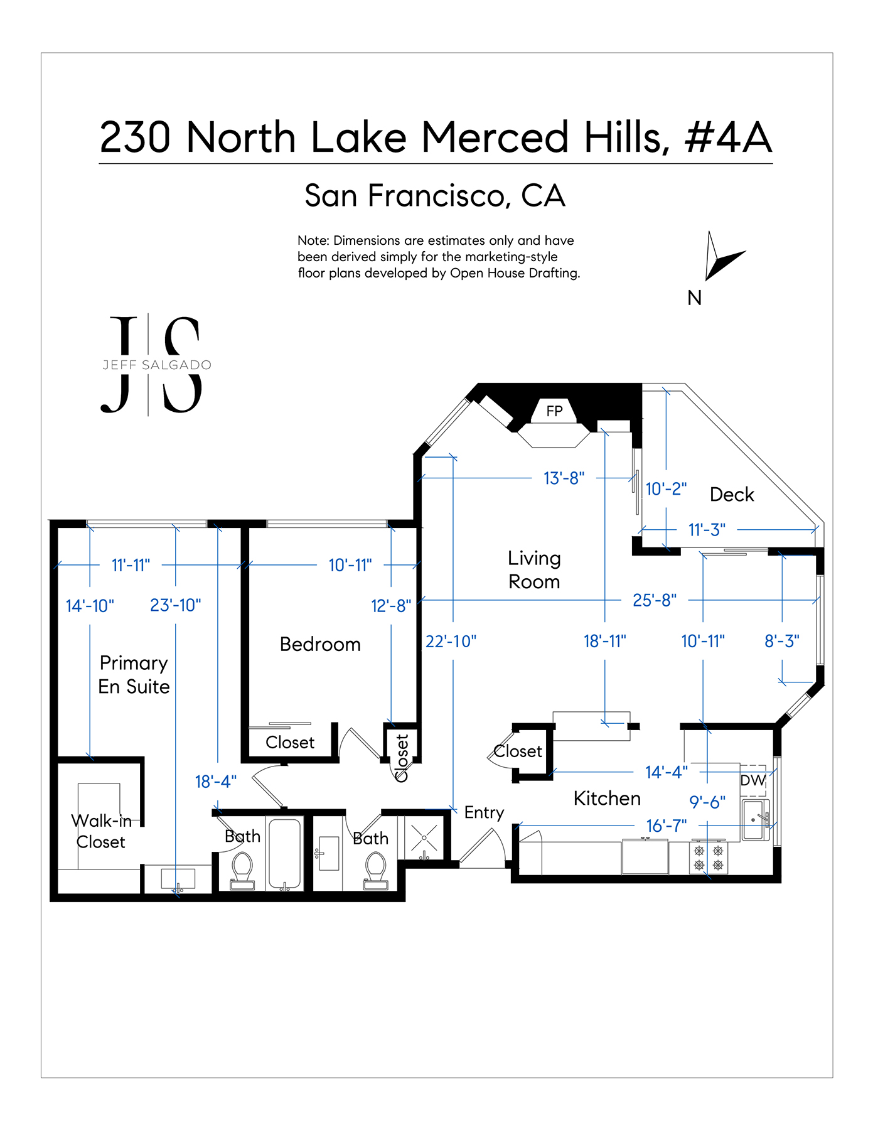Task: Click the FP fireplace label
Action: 554,411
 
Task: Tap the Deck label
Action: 732,495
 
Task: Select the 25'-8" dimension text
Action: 654,600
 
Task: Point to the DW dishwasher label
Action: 753,780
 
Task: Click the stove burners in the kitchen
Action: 709,858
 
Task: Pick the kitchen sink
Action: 756,820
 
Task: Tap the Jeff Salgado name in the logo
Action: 157,365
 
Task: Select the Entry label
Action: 484,813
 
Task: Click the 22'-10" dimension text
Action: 451,641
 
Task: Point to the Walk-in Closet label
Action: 101,831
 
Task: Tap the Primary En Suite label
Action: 134,675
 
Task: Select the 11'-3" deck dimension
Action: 707,530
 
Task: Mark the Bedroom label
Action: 320,644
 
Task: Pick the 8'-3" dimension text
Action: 782,641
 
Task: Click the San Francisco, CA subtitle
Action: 435,195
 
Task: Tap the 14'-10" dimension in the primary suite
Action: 90,606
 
